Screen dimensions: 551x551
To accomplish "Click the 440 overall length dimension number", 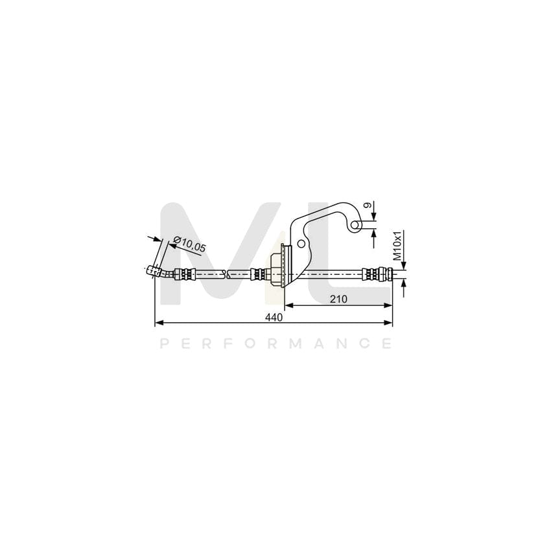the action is tap(274, 318).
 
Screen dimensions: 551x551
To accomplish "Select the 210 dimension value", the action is tap(338, 299).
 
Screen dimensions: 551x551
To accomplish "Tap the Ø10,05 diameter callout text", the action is tap(190, 244).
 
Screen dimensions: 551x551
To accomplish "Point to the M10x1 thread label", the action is tap(397, 246).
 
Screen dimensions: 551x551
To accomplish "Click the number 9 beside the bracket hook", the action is tap(368, 205).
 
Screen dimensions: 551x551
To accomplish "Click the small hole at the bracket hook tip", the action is tap(357, 224).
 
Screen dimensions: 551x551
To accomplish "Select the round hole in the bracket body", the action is tap(301, 244).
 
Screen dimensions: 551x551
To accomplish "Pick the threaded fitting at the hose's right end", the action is tap(377, 274).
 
